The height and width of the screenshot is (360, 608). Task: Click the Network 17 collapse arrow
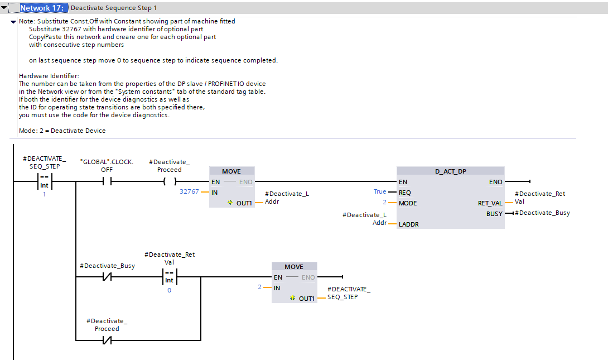[x=4, y=8]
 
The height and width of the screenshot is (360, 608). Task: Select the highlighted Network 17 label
[x=44, y=8]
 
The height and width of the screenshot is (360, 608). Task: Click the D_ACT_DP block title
[x=450, y=171]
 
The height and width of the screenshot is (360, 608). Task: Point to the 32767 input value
[x=189, y=191]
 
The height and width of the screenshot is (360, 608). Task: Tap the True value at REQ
[x=380, y=191]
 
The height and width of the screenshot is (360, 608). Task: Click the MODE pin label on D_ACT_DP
[x=408, y=203]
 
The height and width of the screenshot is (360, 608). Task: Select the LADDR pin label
[x=409, y=224]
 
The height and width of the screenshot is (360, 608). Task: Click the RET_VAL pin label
[x=490, y=203]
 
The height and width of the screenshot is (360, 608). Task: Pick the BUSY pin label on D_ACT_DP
[x=494, y=214]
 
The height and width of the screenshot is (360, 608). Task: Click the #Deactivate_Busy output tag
[x=542, y=213]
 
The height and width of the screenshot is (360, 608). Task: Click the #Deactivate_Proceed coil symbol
[x=169, y=181]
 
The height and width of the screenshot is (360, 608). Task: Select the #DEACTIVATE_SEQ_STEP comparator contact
[x=44, y=181]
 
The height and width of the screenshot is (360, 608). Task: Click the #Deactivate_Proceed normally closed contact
[x=107, y=339]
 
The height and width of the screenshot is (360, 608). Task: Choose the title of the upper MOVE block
[x=231, y=171]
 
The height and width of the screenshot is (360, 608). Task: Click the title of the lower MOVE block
[x=294, y=267]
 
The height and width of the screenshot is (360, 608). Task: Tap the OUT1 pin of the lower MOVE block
[x=306, y=299]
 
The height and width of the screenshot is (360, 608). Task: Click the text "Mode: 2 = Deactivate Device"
[x=62, y=131]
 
